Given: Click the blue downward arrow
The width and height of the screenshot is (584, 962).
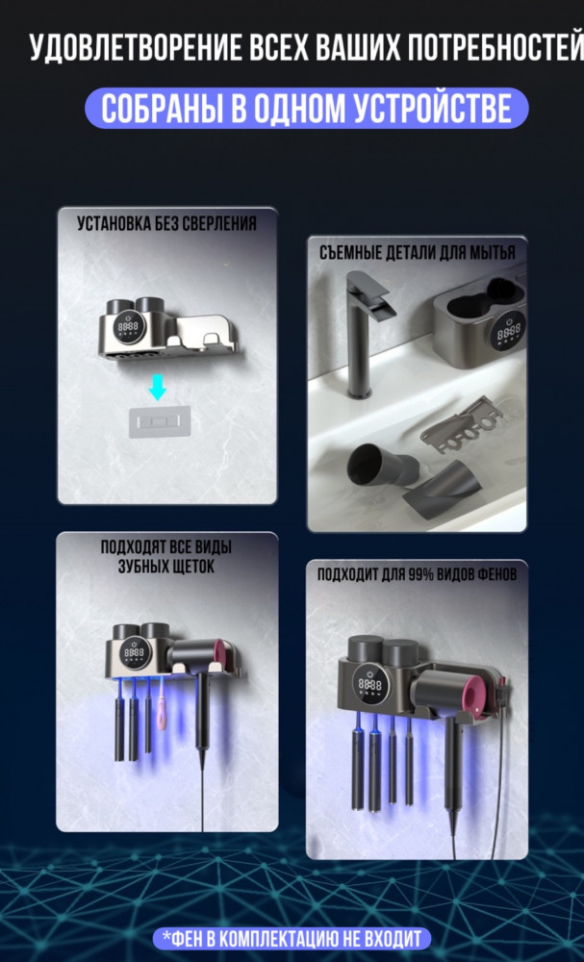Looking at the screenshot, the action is click(x=158, y=389).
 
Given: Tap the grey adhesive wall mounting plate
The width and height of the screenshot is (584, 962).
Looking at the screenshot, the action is click(x=159, y=421).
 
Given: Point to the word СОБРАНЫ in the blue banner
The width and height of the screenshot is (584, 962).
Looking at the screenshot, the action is click(x=160, y=109).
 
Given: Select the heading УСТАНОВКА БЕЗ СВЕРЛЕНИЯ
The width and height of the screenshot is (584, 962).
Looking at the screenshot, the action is click(x=166, y=224).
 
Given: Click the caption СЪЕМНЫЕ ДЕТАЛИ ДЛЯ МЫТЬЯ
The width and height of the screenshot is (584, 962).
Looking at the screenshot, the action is click(x=418, y=253).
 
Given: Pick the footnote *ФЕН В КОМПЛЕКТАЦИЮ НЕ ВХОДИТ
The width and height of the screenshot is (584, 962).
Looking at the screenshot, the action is click(x=292, y=938).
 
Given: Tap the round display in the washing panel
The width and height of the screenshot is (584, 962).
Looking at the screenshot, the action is click(x=509, y=329).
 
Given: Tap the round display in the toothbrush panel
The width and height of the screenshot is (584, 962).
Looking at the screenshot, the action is click(x=135, y=653).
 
